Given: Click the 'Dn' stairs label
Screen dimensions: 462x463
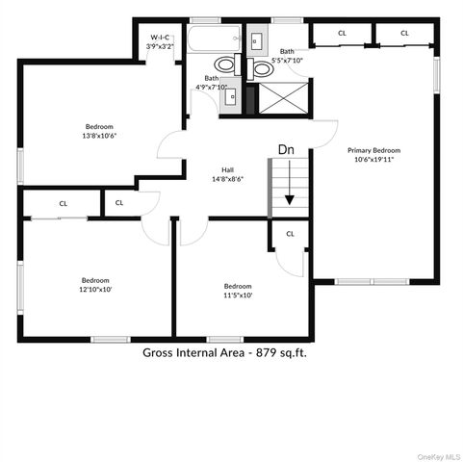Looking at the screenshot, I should [x=286, y=149].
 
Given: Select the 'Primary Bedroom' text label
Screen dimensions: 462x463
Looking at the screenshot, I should [x=373, y=150].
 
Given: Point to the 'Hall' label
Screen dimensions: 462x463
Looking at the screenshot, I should [x=227, y=169].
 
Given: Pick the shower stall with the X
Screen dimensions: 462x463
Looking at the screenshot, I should [x=284, y=96].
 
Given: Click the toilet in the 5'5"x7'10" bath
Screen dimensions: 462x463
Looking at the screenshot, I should [x=260, y=67].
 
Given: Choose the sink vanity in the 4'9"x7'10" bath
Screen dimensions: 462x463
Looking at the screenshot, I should [x=231, y=95].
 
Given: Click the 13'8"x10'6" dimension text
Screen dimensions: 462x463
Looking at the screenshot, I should [x=99, y=136].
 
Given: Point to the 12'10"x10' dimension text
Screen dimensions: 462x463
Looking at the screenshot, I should [x=95, y=289].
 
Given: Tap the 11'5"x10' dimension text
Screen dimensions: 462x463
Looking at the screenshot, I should [x=238, y=295].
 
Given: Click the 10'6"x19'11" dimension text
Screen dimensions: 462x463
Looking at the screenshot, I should [x=373, y=159].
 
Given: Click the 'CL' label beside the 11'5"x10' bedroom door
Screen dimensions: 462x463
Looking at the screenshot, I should [x=290, y=233].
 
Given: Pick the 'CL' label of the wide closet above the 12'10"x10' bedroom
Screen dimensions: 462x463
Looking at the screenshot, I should [x=64, y=203].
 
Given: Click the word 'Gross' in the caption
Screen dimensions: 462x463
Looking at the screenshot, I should [x=161, y=352].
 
